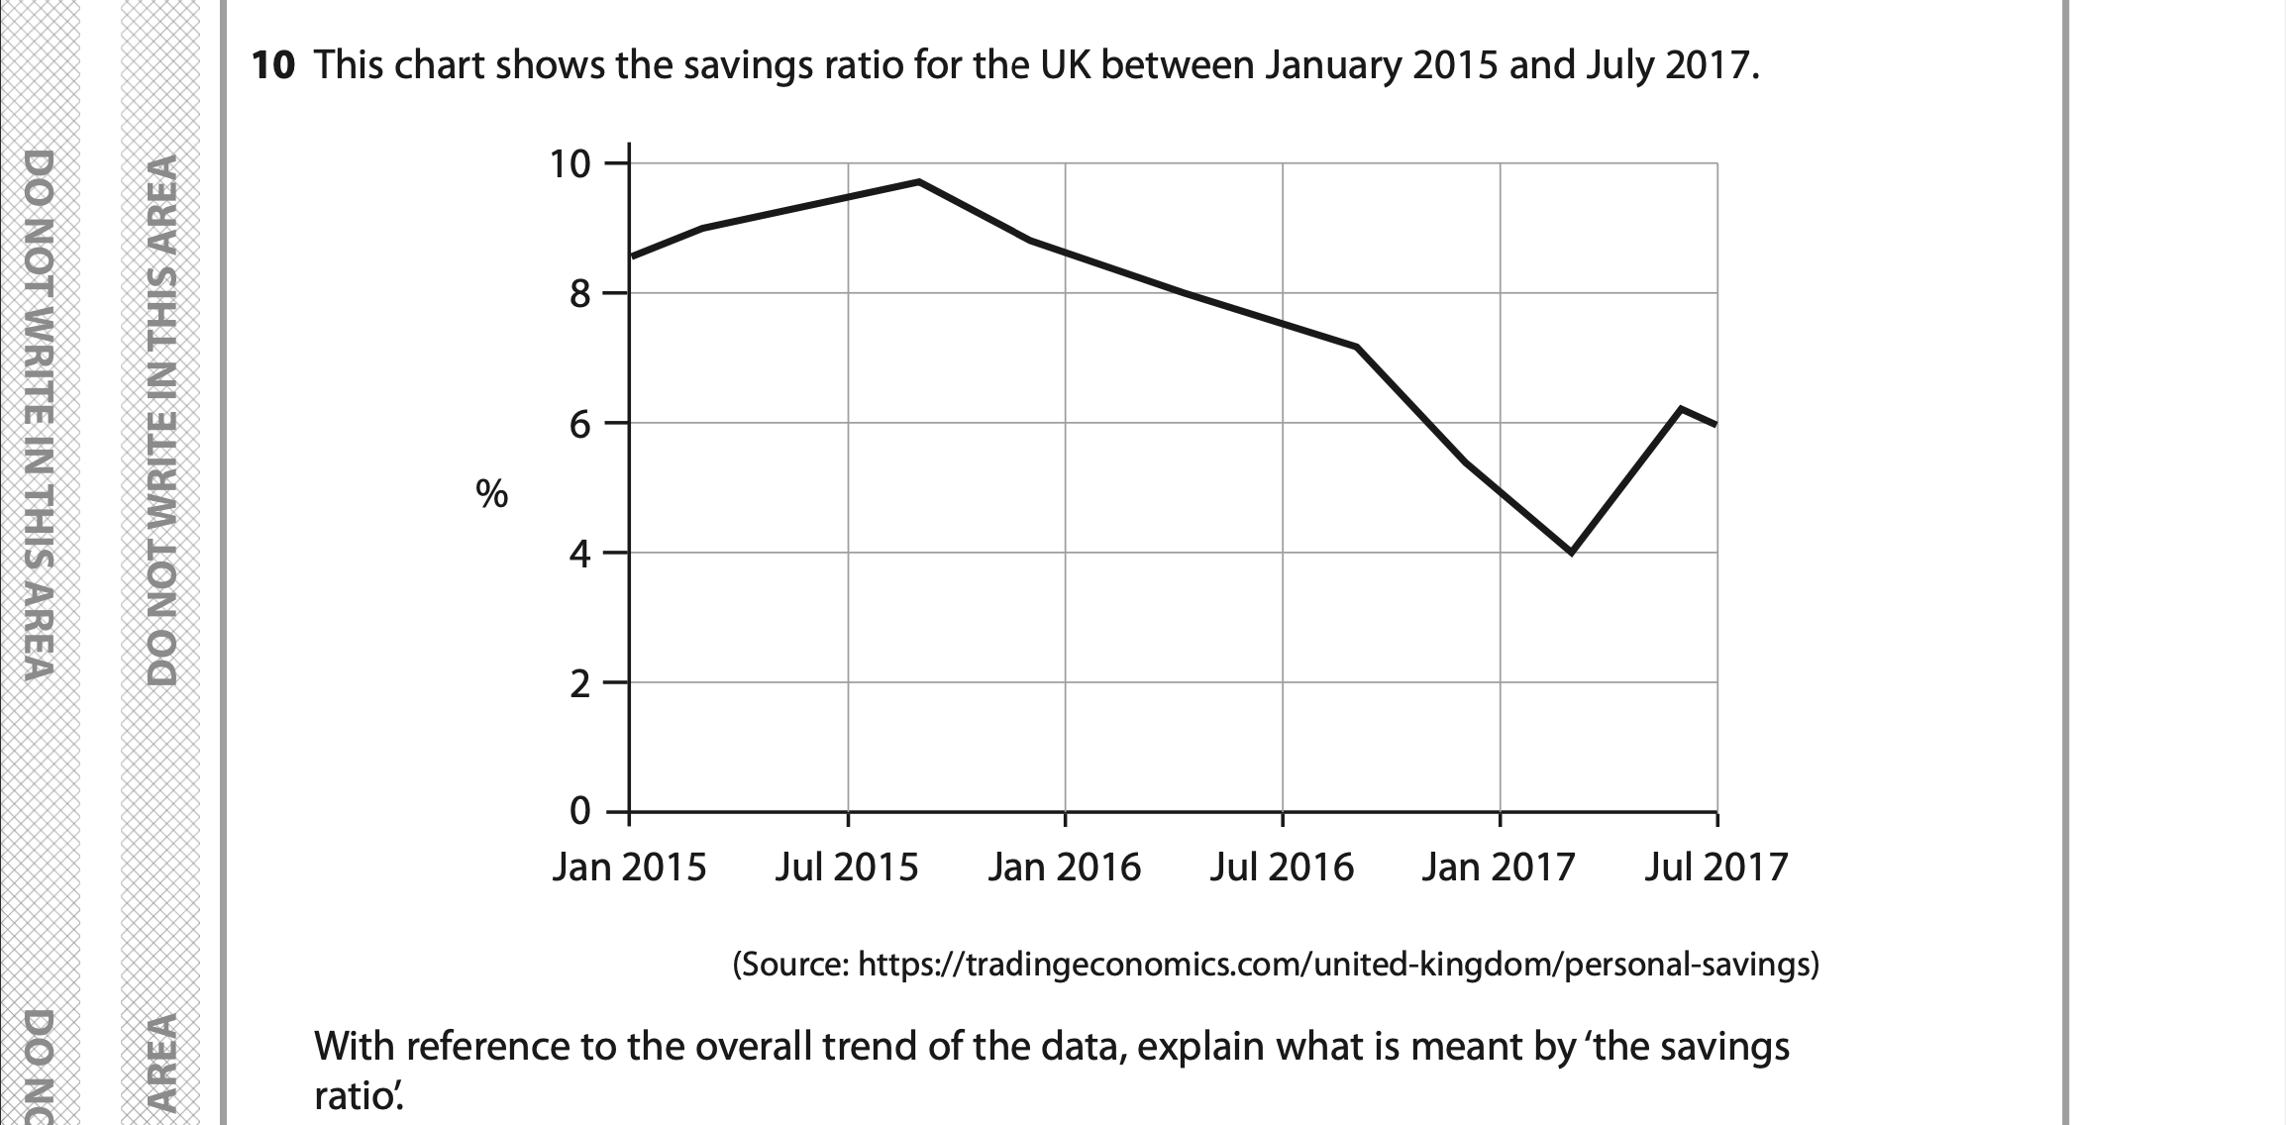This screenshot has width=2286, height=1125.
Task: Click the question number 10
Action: [x=273, y=65]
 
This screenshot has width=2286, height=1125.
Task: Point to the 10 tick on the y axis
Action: [x=570, y=163]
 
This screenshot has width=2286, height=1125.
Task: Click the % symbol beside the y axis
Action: [x=491, y=493]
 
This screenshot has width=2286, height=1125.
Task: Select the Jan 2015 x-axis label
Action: [x=629, y=868]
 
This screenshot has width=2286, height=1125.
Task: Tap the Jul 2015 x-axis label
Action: [x=847, y=868]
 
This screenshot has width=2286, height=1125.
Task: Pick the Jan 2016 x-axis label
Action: [x=1064, y=868]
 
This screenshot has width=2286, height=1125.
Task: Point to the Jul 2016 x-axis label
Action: [x=1282, y=868]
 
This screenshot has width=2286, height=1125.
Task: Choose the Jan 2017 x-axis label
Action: [x=1499, y=868]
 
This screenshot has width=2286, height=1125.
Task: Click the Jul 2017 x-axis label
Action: [x=1716, y=868]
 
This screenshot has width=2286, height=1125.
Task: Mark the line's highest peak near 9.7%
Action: [x=919, y=181]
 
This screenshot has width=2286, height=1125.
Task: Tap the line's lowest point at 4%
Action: [x=1571, y=553]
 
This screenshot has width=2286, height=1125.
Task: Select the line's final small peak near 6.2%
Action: [x=1681, y=408]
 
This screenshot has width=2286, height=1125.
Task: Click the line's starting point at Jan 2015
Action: [x=631, y=256]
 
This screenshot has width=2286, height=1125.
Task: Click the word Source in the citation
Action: [x=792, y=964]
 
